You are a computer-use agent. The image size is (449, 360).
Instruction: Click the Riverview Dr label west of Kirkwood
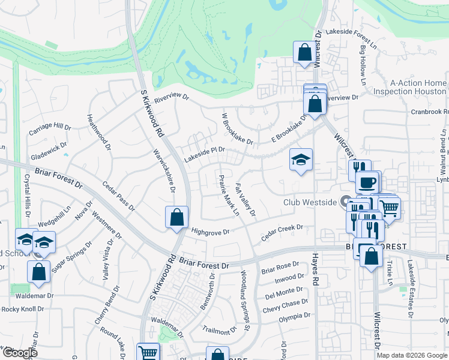coord(171,98)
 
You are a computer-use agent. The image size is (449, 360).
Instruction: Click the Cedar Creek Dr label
coord(282,233)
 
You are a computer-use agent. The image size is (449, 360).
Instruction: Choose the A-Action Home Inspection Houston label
coord(409,88)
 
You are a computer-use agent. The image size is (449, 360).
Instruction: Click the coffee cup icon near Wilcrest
coord(367,182)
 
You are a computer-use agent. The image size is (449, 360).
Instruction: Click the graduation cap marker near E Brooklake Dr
coord(301,159)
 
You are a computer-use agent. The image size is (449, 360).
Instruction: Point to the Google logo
coord(19,353)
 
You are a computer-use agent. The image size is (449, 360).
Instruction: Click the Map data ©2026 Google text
coord(412,355)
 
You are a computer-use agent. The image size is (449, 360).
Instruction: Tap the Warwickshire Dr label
coord(163,170)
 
